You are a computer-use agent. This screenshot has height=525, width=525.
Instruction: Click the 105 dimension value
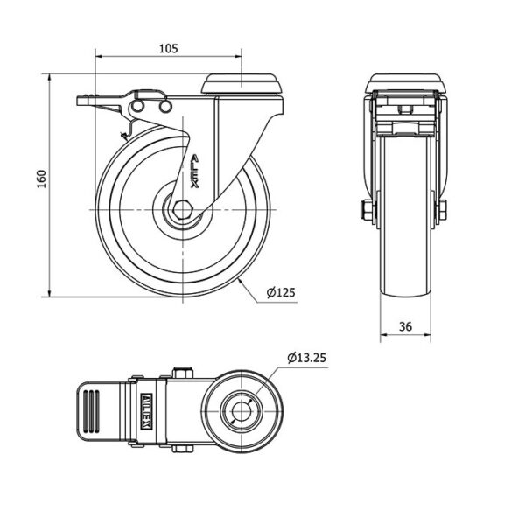point(168,48)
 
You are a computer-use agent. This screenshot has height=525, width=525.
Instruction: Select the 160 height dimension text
point(41,179)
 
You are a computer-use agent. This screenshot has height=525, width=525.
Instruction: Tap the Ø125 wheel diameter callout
point(281,292)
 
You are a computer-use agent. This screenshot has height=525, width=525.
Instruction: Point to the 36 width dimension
point(405,326)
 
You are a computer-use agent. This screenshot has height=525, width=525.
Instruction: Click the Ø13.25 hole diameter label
point(307,358)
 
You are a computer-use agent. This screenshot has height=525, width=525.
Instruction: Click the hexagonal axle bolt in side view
point(182,210)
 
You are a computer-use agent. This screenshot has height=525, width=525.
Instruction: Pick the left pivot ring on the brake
point(137,106)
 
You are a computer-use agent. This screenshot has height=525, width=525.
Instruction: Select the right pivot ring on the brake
point(165,107)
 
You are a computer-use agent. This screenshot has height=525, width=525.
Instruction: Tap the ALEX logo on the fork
point(195,171)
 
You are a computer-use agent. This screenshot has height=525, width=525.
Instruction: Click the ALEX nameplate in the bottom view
point(147,411)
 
